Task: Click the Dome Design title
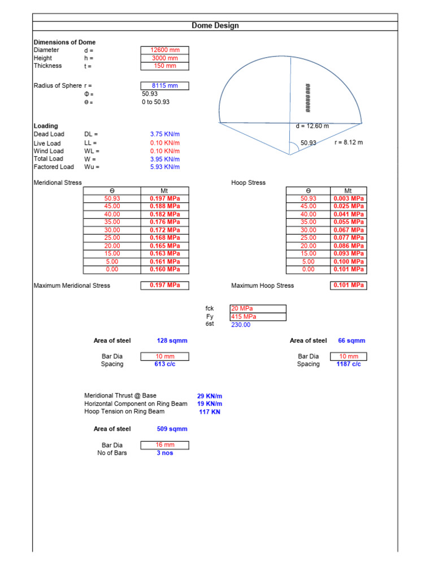(x=215, y=25)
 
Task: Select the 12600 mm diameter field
(x=164, y=50)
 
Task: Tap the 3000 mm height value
(x=164, y=58)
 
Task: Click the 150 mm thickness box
(x=164, y=66)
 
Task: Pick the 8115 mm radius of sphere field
(x=164, y=86)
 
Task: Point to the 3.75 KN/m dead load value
(x=164, y=135)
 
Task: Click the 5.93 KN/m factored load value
(x=164, y=167)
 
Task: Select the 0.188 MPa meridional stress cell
(x=164, y=207)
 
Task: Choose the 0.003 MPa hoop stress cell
(x=349, y=199)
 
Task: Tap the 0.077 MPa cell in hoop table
(x=349, y=239)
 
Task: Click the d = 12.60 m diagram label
(x=312, y=126)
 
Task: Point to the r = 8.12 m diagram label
(x=349, y=142)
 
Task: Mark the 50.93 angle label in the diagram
(x=309, y=143)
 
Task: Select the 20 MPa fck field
(x=258, y=309)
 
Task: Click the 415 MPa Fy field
(x=258, y=317)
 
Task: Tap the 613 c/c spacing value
(x=164, y=365)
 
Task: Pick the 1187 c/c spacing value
(x=348, y=365)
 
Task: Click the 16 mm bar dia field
(x=164, y=446)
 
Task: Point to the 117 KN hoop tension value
(x=210, y=412)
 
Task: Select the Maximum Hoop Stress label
(x=263, y=286)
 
